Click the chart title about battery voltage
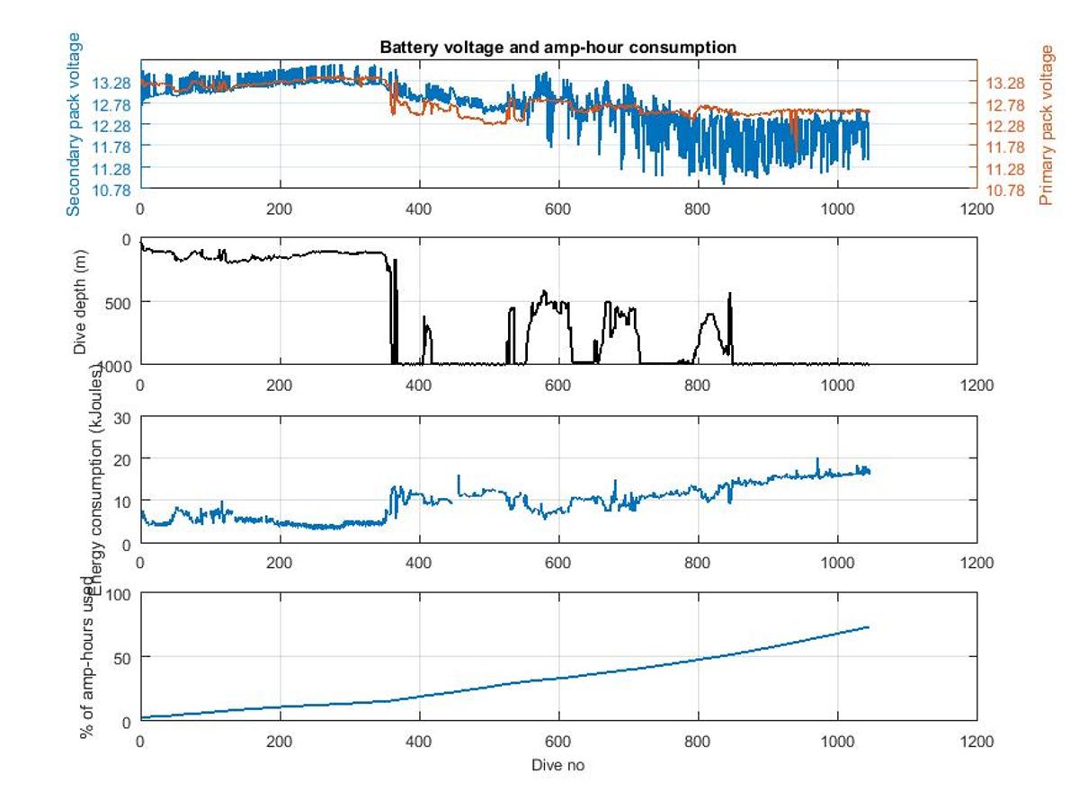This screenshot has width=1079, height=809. pos(557,47)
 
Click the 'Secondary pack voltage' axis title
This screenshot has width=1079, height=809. pos(74,124)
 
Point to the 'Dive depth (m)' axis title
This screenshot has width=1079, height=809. pos(80,301)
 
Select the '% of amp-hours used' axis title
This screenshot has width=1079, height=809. pos(88,656)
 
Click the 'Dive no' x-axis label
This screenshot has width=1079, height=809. pos(557,765)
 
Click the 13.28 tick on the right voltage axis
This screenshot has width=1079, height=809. pos(1005,83)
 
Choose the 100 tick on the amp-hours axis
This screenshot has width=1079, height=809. pos(120,594)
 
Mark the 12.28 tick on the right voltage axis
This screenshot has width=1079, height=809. pos(1005,126)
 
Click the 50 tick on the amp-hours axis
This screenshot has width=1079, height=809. pos(123,657)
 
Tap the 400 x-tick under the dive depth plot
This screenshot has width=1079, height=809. pos(419,386)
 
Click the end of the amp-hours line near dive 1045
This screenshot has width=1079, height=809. pos(869,627)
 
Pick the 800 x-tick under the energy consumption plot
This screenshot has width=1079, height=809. pos(698,563)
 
